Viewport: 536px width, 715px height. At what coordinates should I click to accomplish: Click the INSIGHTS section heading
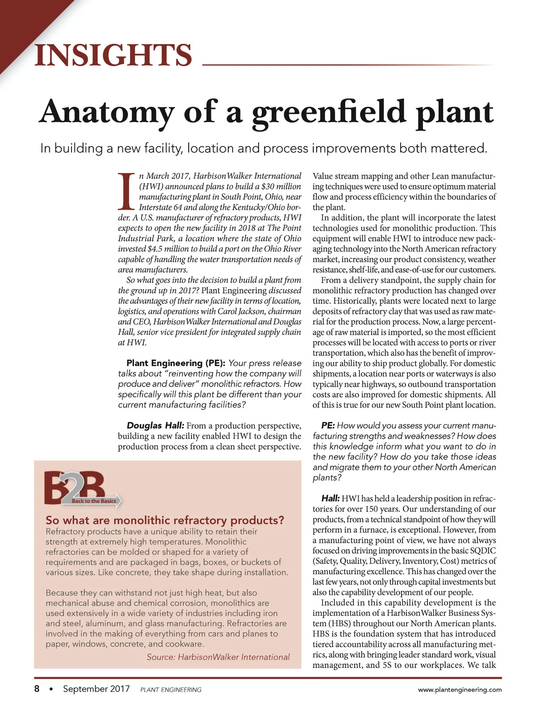[x=113, y=55]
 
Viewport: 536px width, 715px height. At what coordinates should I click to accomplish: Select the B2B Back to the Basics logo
[x=83, y=489]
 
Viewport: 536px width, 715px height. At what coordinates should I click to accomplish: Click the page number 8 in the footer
[x=37, y=689]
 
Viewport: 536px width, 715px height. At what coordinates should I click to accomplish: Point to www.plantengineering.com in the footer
[x=460, y=690]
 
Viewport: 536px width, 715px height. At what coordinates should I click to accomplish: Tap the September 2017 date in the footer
[x=96, y=689]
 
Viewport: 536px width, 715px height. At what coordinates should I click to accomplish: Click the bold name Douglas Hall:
[x=155, y=425]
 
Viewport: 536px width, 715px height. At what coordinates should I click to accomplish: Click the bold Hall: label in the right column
[x=331, y=498]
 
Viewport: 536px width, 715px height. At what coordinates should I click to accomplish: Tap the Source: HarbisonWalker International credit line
[x=218, y=657]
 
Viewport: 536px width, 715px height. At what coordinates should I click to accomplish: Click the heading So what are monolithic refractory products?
[x=165, y=520]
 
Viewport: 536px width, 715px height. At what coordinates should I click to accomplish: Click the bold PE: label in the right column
[x=328, y=425]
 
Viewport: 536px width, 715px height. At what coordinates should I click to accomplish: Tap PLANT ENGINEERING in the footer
[x=171, y=690]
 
